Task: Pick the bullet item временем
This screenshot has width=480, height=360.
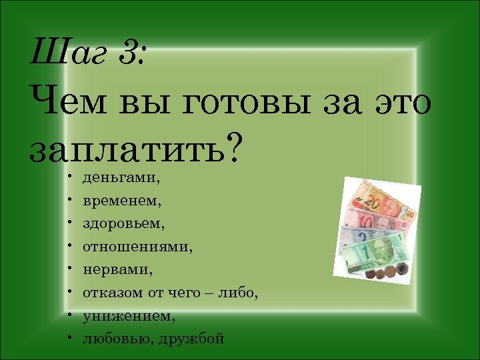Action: [122, 200]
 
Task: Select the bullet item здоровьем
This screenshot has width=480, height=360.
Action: [123, 223]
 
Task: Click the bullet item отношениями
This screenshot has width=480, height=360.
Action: [137, 247]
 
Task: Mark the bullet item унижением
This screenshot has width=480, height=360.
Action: [129, 315]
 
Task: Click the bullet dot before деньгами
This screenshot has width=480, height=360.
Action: [69, 178]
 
